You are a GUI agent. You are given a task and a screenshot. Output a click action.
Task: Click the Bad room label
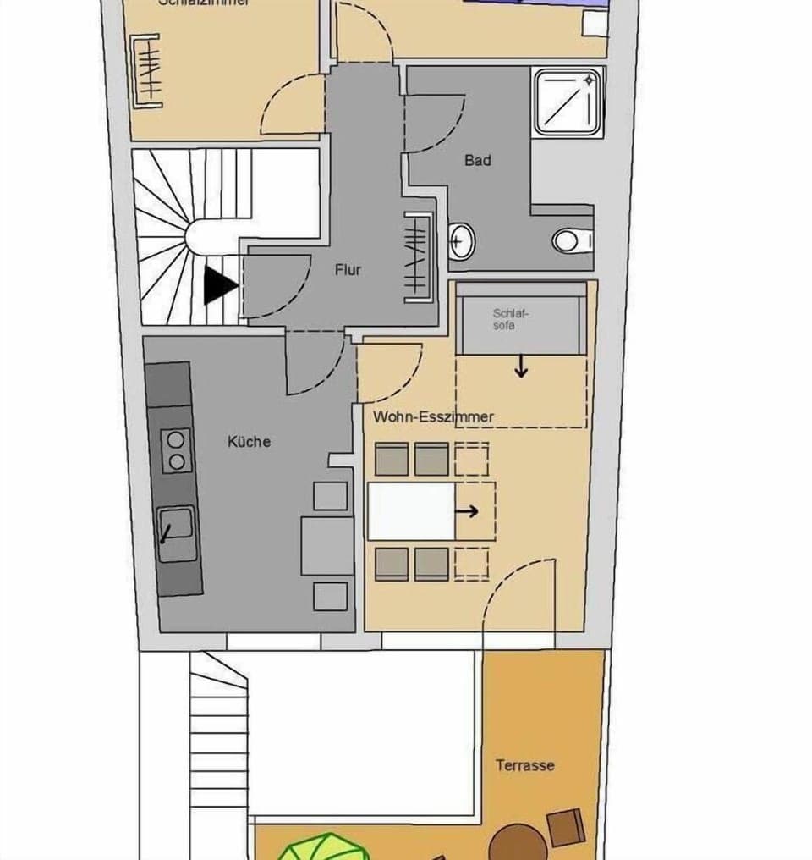[x=477, y=160]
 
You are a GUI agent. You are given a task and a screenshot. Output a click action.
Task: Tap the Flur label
[x=348, y=269]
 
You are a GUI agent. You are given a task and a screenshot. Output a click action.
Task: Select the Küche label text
[x=249, y=441]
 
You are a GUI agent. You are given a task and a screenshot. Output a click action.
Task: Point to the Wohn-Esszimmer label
[x=433, y=416]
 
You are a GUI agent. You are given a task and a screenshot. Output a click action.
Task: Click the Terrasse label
[x=524, y=765]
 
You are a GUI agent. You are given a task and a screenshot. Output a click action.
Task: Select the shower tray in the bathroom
[x=568, y=102]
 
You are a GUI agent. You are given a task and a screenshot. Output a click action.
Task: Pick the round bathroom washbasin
[x=461, y=242]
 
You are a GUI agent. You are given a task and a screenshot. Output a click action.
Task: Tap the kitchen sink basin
[x=177, y=534]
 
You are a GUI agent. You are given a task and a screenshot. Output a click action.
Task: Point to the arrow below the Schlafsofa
[x=521, y=367]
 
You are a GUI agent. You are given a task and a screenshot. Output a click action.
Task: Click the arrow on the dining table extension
[x=468, y=511]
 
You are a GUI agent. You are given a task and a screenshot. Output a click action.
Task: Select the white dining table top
[x=412, y=511]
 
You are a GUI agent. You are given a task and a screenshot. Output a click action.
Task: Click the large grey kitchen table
[x=326, y=545]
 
